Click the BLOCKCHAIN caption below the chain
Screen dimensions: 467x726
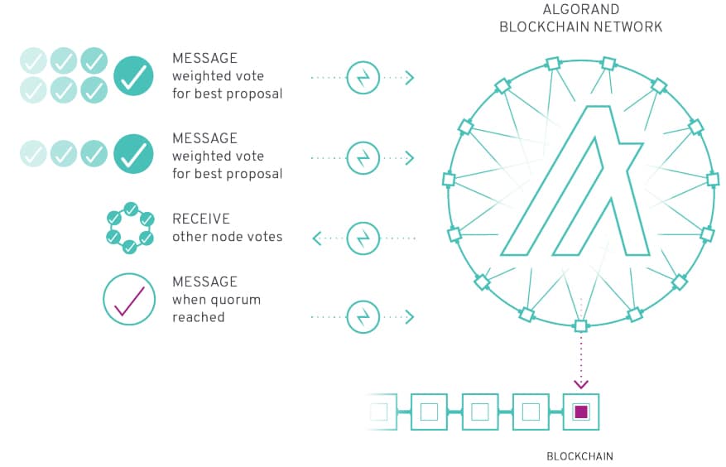579,455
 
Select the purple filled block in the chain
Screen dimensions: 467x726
580,411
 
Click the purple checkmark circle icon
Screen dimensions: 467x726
129,299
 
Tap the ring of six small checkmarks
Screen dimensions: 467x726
130,228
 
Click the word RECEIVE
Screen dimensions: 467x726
201,219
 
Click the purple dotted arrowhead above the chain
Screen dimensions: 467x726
581,383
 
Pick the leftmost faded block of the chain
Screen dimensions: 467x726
378,411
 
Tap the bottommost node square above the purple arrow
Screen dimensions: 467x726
580,325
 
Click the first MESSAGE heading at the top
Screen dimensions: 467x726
204,59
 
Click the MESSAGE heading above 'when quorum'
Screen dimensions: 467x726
204,282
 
